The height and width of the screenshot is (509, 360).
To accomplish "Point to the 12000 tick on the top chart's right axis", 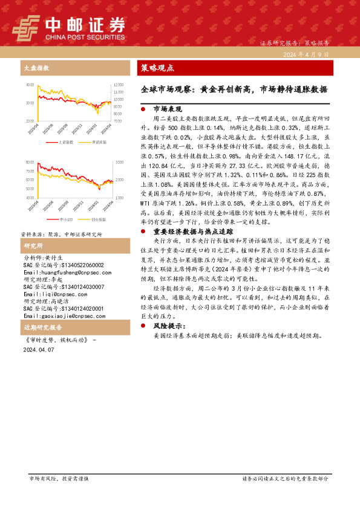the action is [x=117, y=85].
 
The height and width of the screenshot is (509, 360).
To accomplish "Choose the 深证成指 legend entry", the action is [x=99, y=141].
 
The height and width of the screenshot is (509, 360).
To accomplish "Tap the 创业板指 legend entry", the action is [x=99, y=218].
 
